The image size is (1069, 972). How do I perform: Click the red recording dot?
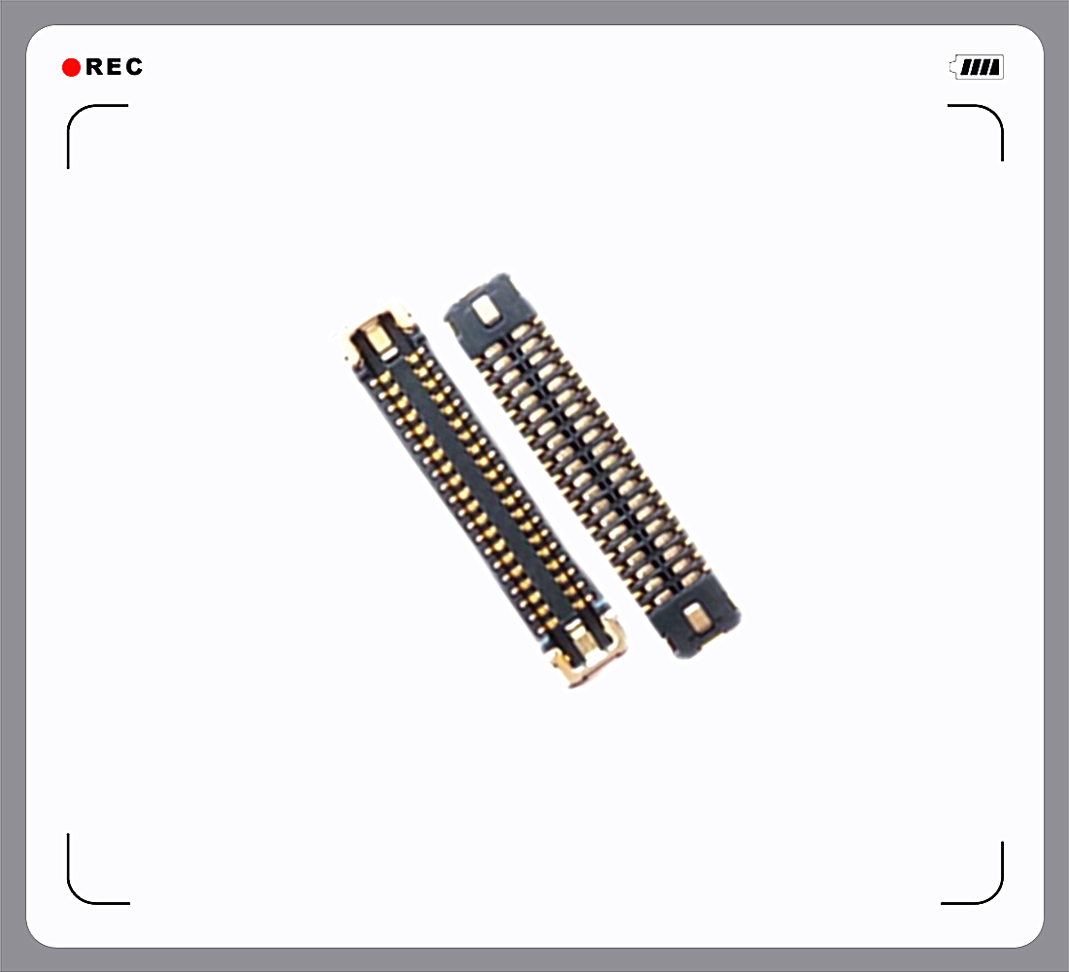[71, 67]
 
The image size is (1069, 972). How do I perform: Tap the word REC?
[114, 67]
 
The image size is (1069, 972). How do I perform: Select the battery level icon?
[978, 67]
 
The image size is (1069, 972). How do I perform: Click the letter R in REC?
[95, 67]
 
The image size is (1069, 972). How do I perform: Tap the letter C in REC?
[133, 67]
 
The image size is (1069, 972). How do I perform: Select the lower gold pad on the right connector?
[697, 616]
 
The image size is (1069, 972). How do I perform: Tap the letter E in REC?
[114, 67]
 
